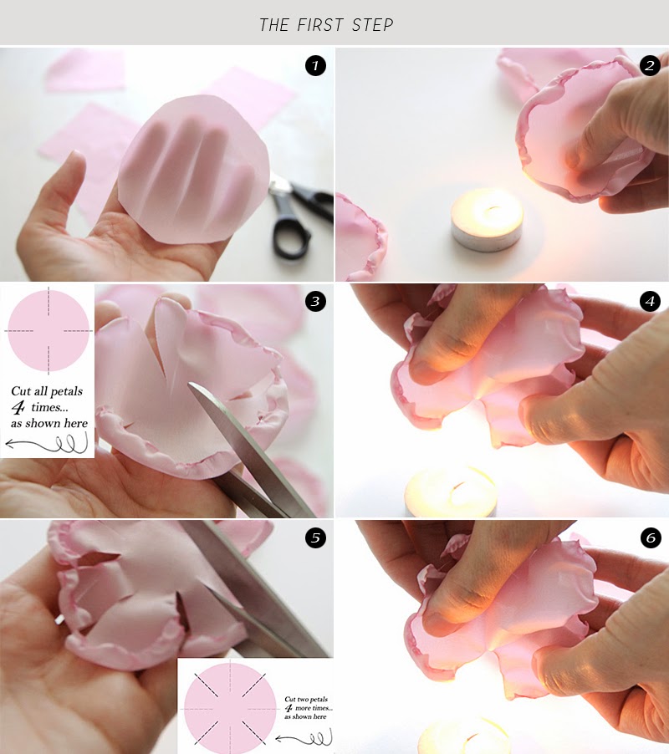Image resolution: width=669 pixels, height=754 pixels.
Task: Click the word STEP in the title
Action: (371, 25)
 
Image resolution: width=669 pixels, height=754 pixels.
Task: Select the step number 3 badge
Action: (315, 302)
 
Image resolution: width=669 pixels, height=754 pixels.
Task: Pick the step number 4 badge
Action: (650, 302)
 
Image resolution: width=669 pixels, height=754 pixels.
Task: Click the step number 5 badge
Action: (315, 537)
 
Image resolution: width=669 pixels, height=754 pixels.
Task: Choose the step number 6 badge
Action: (650, 537)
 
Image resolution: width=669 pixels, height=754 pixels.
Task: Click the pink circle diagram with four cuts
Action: (48, 330)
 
